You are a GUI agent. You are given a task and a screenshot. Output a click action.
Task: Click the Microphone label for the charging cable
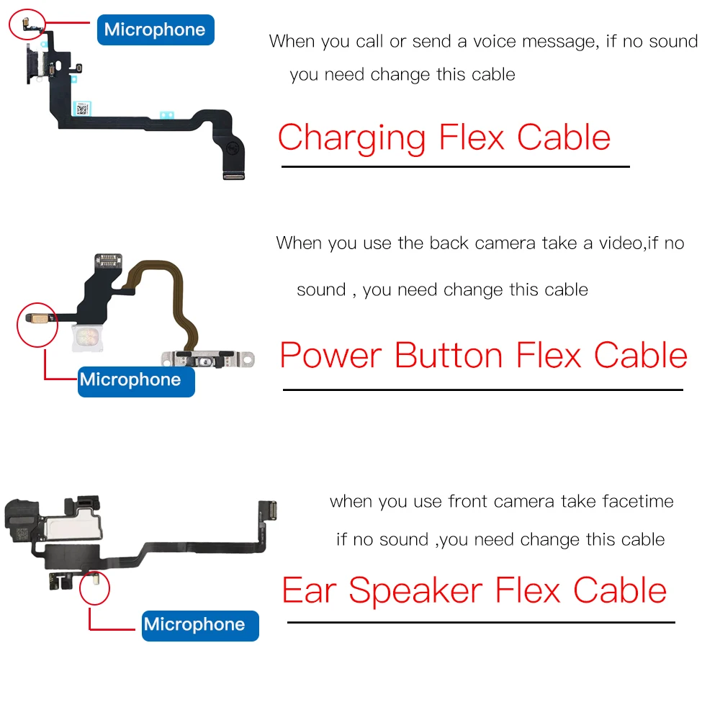(x=155, y=30)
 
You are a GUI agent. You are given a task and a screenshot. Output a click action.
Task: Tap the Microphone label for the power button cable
(x=130, y=379)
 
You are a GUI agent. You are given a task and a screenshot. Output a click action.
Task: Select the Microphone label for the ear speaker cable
(x=194, y=624)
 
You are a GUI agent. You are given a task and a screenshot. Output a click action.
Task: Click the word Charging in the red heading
(x=352, y=137)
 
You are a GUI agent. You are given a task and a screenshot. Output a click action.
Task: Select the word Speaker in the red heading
(x=415, y=592)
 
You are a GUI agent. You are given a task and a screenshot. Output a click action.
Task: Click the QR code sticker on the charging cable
(x=82, y=109)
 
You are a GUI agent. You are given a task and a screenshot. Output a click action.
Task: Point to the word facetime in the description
(x=637, y=501)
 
